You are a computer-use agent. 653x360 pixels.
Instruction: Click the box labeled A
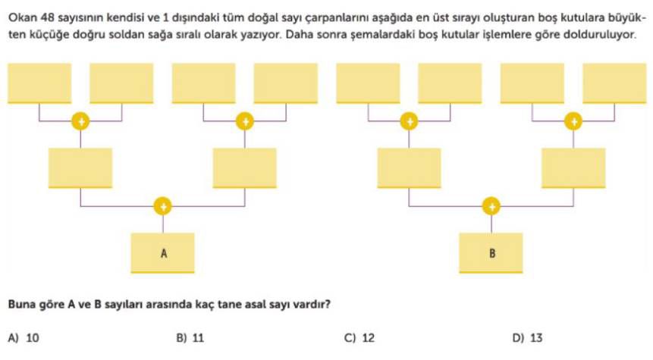pos(163,253)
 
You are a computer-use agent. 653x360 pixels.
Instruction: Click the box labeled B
pos(491,253)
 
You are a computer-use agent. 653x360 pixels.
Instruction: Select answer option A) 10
pos(24,337)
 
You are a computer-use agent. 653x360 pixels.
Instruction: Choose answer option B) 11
pos(190,337)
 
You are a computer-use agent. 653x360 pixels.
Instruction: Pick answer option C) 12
pos(359,337)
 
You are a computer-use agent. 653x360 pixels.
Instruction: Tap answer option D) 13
pos(528,337)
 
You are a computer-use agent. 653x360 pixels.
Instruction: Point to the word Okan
pos(23,18)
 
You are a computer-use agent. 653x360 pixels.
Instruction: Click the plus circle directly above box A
pos(162,206)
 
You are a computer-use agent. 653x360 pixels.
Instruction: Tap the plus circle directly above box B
pos(491,206)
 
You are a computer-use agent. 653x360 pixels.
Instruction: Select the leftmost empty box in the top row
pos(39,83)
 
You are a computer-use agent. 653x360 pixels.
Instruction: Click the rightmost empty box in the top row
pos(614,83)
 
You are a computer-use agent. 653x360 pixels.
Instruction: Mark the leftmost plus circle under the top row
pos(80,121)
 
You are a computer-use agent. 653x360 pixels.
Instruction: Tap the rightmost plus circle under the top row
pos(573,121)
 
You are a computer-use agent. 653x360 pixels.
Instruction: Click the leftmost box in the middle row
pos(80,168)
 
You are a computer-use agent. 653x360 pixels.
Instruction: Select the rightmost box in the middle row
pos(573,168)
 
